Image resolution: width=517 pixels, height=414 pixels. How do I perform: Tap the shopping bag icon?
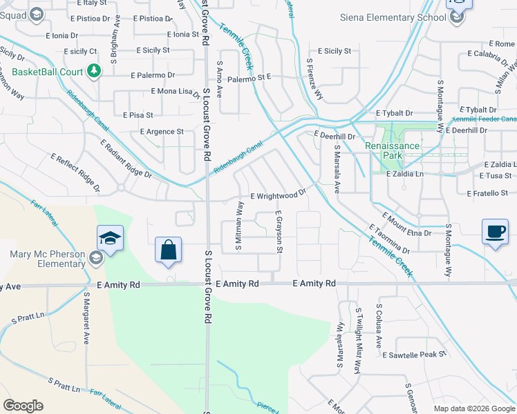[x=169, y=250]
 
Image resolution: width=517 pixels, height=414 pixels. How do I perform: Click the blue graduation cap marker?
[x=111, y=239]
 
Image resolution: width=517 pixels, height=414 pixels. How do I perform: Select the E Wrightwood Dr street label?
[x=278, y=196]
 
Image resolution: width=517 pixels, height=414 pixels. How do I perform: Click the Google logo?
[x=23, y=406]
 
